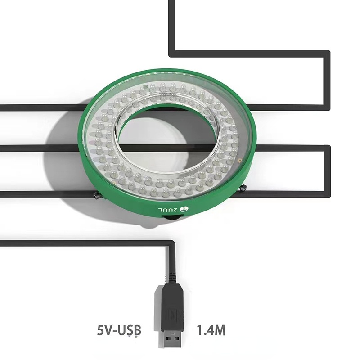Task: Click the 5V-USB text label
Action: [119, 329]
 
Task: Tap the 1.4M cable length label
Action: [211, 329]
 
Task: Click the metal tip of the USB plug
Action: [172, 340]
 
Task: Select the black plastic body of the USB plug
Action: [172, 307]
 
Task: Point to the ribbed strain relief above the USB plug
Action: [172, 274]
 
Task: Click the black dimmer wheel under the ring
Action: [172, 218]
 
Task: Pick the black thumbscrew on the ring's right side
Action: [243, 188]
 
